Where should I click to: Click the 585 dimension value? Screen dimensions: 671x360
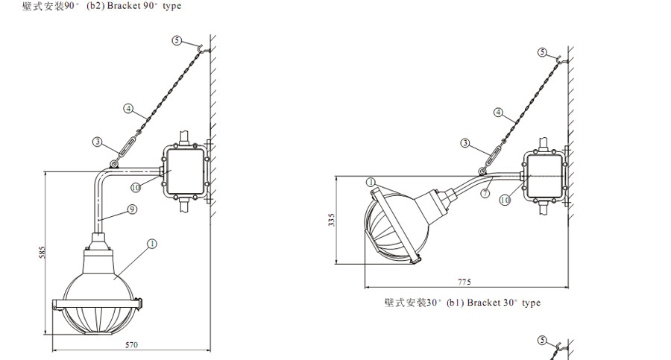click(x=42, y=252)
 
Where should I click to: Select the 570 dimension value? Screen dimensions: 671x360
click(x=131, y=345)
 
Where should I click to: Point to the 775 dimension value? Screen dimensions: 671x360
click(x=464, y=282)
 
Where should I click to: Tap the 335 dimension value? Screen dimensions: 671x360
click(x=332, y=220)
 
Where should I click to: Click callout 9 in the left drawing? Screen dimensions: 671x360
click(x=132, y=209)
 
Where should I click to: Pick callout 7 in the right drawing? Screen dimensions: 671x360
click(x=485, y=193)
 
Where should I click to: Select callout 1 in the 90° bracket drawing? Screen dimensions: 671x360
click(x=152, y=244)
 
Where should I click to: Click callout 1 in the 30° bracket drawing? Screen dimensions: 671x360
click(x=371, y=183)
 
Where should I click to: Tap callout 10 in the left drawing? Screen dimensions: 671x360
click(x=136, y=188)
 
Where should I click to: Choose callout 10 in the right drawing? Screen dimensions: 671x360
click(x=505, y=200)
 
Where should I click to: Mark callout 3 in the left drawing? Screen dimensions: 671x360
click(x=98, y=142)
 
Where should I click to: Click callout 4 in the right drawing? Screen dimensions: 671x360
click(x=498, y=112)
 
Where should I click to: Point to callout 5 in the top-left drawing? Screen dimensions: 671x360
click(x=177, y=40)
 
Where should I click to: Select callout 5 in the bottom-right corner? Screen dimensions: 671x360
click(x=542, y=341)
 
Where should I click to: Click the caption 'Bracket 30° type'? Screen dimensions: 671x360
click(x=504, y=303)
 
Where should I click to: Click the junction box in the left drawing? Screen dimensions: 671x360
click(x=185, y=171)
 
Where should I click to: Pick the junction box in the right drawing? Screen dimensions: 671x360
click(x=544, y=175)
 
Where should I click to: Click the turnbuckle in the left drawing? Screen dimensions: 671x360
click(x=127, y=145)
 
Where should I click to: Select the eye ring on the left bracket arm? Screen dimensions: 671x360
click(x=114, y=164)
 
